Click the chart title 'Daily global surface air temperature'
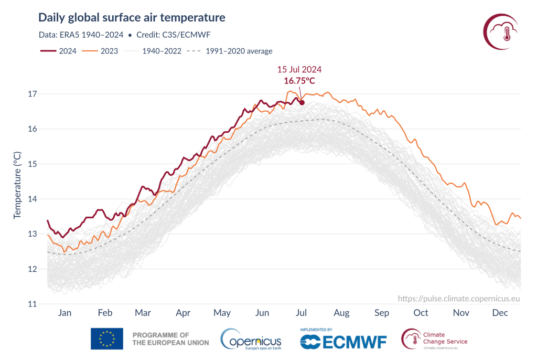[x=132, y=18]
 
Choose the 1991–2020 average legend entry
[x=231, y=51]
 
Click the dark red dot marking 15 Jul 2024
[x=302, y=102]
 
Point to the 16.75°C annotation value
[x=299, y=81]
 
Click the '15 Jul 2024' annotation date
[x=299, y=69]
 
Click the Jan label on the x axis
[x=65, y=313]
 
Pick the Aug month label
[x=341, y=313]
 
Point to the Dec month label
[x=500, y=313]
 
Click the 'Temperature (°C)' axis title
[x=17, y=184]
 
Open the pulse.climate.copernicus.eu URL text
[x=459, y=298]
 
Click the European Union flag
[x=107, y=338]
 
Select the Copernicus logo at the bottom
[x=251, y=339]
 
